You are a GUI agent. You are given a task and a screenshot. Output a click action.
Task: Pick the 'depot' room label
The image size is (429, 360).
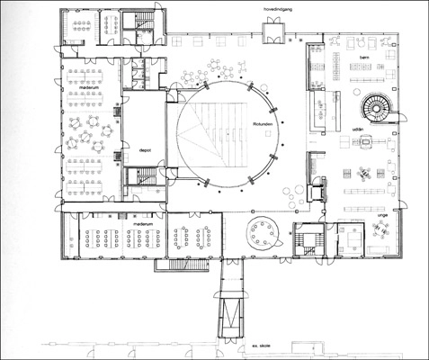tap(143, 150)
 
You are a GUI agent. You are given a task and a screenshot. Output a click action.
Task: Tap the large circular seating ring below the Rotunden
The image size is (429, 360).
tap(264, 235)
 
